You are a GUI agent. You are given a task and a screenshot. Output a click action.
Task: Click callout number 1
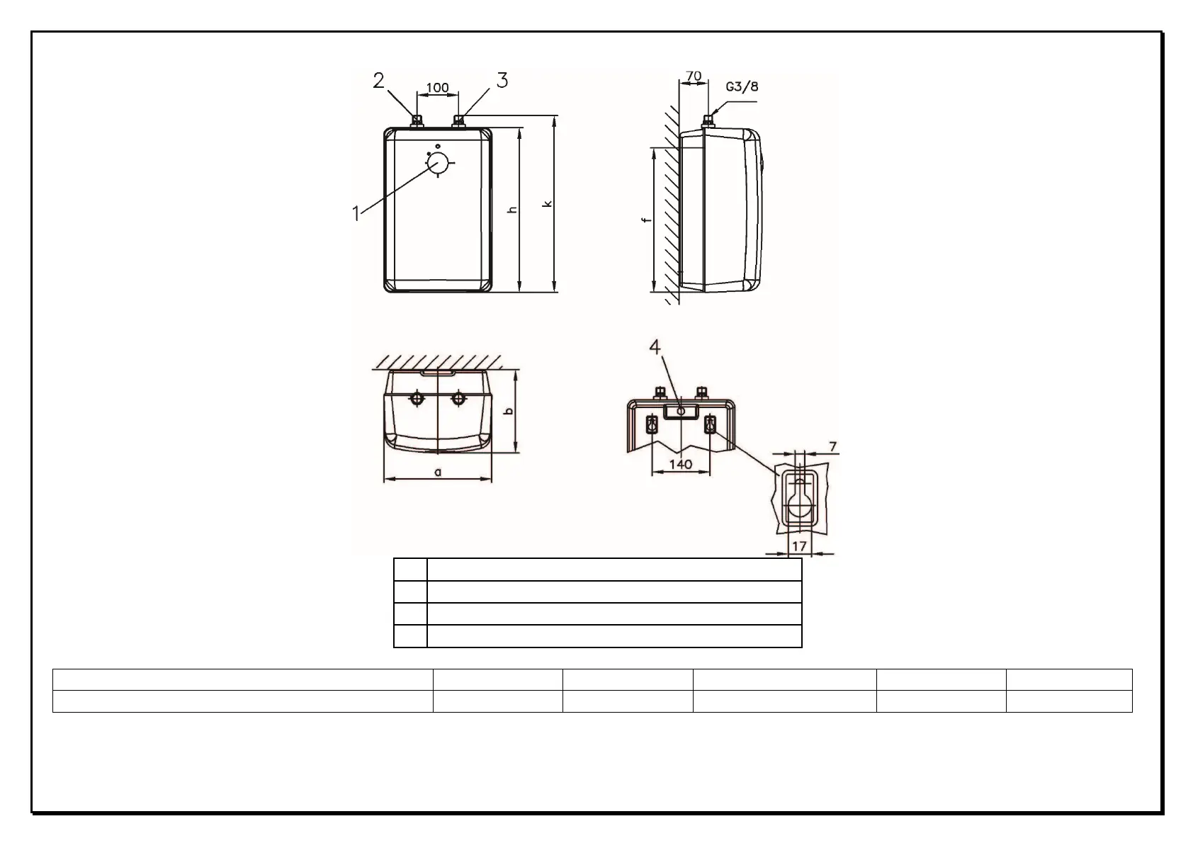(x=356, y=214)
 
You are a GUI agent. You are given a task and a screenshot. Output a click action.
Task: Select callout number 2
(x=378, y=81)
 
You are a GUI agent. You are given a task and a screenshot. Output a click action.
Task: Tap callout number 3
(x=502, y=81)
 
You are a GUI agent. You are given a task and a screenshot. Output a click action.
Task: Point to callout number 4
(x=655, y=347)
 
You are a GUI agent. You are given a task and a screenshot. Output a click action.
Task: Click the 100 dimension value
(x=437, y=87)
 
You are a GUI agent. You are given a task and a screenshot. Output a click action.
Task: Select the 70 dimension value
(x=694, y=76)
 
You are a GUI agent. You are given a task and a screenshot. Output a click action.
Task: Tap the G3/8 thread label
(x=742, y=86)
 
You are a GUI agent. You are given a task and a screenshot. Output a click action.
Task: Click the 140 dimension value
(x=681, y=465)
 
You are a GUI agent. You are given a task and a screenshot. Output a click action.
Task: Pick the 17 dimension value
(x=799, y=546)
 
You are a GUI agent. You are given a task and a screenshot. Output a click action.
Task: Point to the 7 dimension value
(x=834, y=446)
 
